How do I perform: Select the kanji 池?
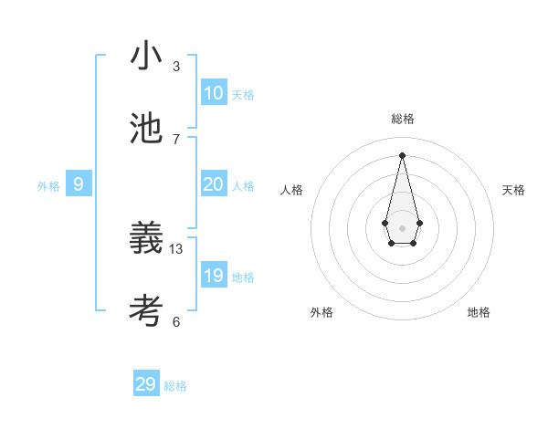[x=146, y=129]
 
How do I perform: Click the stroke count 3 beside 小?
[x=176, y=66]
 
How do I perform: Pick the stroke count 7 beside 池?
[x=176, y=139]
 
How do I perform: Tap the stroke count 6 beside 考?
[x=176, y=321]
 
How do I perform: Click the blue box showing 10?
[x=214, y=93]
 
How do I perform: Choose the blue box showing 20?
[x=214, y=184]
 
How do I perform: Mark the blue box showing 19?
[x=214, y=276]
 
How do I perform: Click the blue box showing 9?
[x=79, y=184]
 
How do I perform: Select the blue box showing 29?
[x=146, y=384]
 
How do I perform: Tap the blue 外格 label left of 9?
[x=48, y=186]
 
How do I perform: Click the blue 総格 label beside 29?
[x=175, y=386]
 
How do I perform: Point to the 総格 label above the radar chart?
[x=403, y=119]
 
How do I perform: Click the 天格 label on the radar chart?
[x=514, y=190]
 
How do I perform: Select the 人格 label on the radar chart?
[x=292, y=190]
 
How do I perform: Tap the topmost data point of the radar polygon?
[x=402, y=155]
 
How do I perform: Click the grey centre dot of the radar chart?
[x=402, y=226]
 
